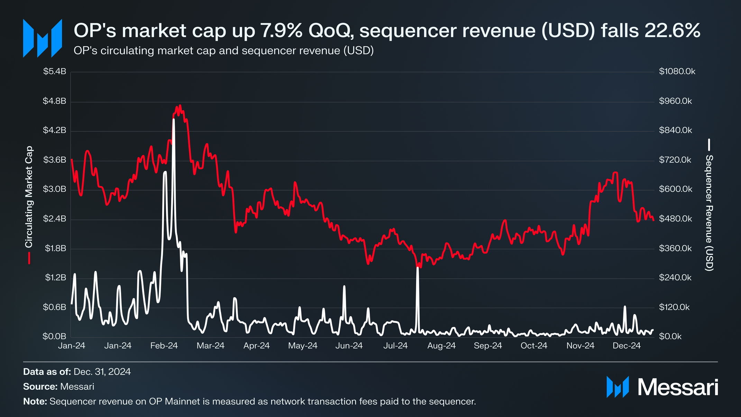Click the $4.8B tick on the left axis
click(x=54, y=101)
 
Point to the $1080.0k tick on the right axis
click(x=677, y=71)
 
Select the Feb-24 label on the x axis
click(x=164, y=346)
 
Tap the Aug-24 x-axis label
click(x=441, y=346)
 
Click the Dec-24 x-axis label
click(x=626, y=346)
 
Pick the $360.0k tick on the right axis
click(x=675, y=248)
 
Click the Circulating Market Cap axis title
click(x=29, y=197)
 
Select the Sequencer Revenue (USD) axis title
click(x=709, y=213)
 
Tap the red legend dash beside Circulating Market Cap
click(x=29, y=258)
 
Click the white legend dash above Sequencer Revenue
click(x=709, y=145)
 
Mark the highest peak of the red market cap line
click(x=180, y=106)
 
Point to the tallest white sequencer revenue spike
click(x=174, y=120)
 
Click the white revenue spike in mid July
click(x=418, y=268)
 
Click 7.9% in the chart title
click(x=282, y=30)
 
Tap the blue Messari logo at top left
click(x=42, y=38)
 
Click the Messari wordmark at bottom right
click(x=678, y=387)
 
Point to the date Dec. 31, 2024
click(x=102, y=372)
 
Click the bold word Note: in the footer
click(x=35, y=401)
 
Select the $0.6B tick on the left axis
click(x=54, y=307)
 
